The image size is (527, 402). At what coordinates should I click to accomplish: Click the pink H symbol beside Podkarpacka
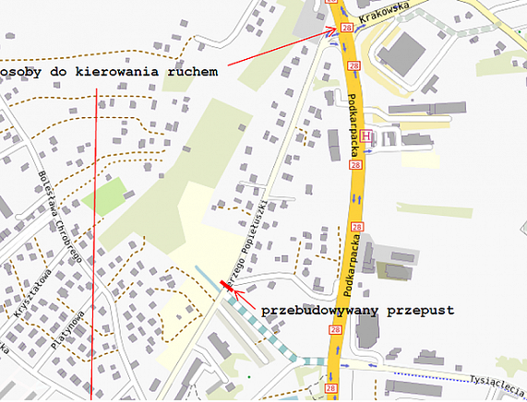[366, 136]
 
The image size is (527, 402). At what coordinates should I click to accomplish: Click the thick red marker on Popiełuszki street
[224, 288]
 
